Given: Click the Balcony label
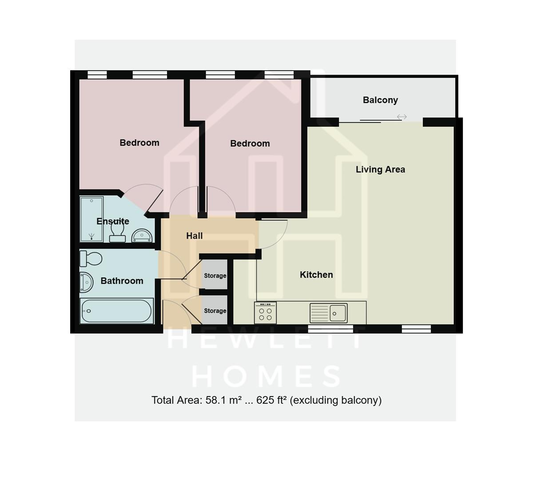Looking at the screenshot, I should pyautogui.click(x=380, y=100).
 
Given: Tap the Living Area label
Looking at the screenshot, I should pyautogui.click(x=380, y=169).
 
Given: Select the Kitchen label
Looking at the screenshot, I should pyautogui.click(x=316, y=275).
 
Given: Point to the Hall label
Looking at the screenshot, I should pyautogui.click(x=195, y=236).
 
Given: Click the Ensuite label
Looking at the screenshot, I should pyautogui.click(x=113, y=221).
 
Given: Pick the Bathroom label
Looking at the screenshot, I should pyautogui.click(x=122, y=281).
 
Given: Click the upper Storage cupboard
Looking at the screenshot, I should pyautogui.click(x=215, y=276).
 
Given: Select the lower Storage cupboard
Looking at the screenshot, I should pyautogui.click(x=215, y=311).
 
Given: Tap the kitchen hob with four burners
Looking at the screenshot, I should pyautogui.click(x=266, y=313).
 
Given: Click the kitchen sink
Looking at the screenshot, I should pyautogui.click(x=338, y=312).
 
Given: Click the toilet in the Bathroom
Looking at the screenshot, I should pyautogui.click(x=91, y=258).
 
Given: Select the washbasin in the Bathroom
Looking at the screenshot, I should pyautogui.click(x=86, y=282).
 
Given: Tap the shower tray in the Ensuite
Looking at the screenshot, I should pyautogui.click(x=91, y=219).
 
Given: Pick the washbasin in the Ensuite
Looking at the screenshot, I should pyautogui.click(x=142, y=235).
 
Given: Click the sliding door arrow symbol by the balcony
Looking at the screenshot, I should pyautogui.click(x=402, y=117).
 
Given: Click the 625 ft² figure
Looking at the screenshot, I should pyautogui.click(x=271, y=400).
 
